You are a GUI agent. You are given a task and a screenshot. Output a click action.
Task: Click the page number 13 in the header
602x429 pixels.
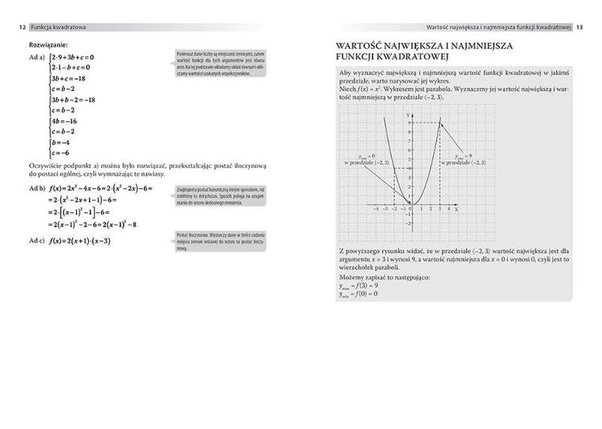tap(580, 27)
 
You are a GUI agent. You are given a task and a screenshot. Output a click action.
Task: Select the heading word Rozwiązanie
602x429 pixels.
tap(47, 45)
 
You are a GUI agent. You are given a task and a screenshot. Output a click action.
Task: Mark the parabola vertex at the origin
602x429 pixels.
tap(411, 205)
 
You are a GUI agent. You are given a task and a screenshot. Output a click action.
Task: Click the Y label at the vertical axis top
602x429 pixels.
tap(407, 115)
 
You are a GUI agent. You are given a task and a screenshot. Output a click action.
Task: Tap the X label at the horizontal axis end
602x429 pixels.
tap(457, 210)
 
